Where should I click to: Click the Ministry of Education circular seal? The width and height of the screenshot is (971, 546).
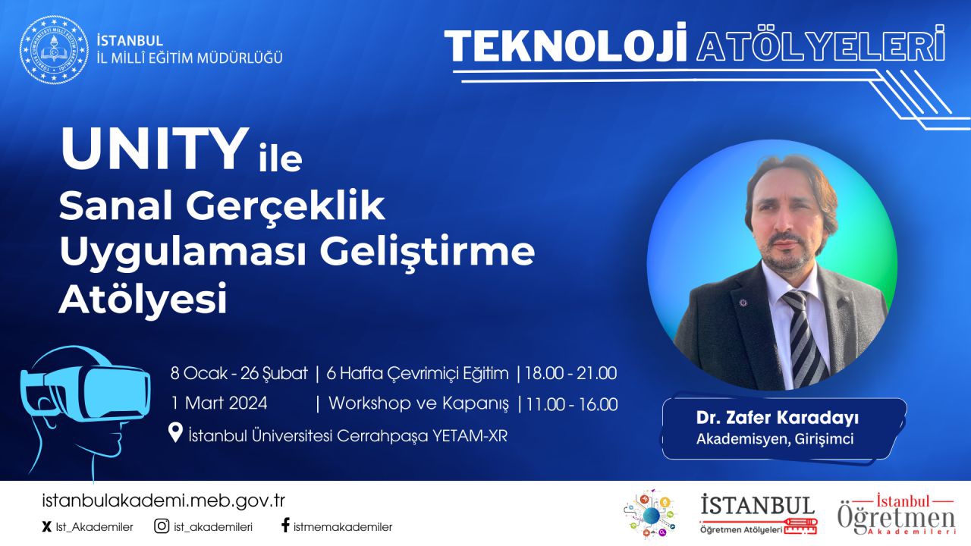pos(54,49)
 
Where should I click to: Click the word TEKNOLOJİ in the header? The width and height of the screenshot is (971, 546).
pos(566,46)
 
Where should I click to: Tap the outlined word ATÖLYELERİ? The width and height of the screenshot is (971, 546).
pos(821,45)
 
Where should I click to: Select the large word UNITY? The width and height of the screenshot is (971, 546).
pos(154,149)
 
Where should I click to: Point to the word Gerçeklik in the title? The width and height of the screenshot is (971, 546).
pos(285,207)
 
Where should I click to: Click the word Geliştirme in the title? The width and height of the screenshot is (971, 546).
pos(427,253)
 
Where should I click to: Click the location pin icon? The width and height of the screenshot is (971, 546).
pos(175,433)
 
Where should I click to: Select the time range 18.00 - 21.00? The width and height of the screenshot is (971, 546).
pos(570,374)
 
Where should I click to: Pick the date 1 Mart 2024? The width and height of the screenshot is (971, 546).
pos(219,403)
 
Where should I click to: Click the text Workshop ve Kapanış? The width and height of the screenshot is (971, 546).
pos(418,403)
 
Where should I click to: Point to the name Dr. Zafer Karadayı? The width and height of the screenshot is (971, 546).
pos(778,418)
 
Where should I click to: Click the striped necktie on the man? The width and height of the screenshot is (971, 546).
pos(803,338)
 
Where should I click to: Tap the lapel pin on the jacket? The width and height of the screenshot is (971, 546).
pos(743,302)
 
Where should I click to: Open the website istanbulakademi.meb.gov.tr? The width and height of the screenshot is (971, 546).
pos(163,501)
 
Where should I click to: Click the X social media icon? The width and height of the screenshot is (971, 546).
pos(46,527)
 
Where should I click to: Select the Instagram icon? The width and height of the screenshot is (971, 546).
pos(162,526)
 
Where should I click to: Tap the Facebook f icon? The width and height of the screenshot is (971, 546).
pos(285,526)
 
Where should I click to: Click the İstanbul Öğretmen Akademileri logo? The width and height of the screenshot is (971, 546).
pos(896,515)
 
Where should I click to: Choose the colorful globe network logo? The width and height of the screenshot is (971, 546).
pos(650,515)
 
